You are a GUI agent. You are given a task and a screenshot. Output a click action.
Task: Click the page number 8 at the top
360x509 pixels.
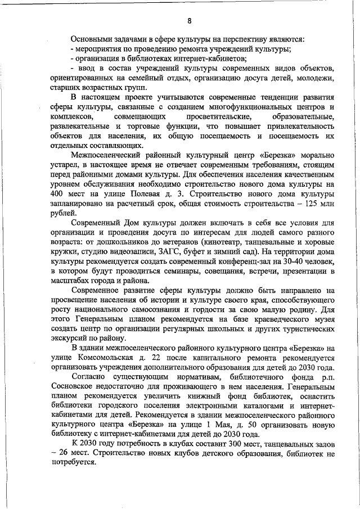tap(190, 21)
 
